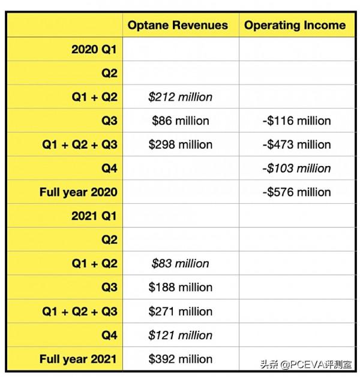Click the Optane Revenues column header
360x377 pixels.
[x=178, y=25]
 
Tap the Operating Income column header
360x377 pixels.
[x=295, y=25]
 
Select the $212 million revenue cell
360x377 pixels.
[x=180, y=97]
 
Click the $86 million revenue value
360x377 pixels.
[x=180, y=120]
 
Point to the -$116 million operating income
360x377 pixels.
[x=297, y=120]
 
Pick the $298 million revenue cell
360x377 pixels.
[x=180, y=144]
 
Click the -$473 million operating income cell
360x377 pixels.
[x=297, y=144]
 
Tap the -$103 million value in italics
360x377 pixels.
[x=297, y=168]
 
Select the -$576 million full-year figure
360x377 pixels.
[x=297, y=192]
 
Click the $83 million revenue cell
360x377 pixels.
[x=180, y=264]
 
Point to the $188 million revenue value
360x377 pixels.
[x=180, y=287]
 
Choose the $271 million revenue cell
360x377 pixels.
[x=180, y=311]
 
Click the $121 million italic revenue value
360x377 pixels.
[x=180, y=335]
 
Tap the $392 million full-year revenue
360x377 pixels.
[x=180, y=359]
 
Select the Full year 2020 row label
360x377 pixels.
[x=79, y=192]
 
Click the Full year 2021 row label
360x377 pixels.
[x=79, y=359]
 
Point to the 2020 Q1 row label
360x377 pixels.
[x=94, y=50]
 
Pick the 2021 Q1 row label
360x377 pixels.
[x=94, y=216]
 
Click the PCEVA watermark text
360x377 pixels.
[x=306, y=364]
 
